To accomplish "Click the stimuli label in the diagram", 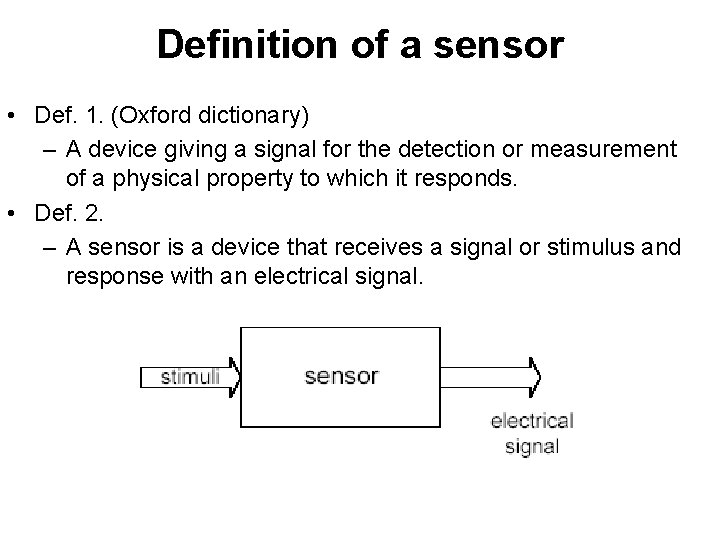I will point(185,377).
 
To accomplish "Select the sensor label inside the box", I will point(341,377).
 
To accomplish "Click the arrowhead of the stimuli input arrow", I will point(234,377).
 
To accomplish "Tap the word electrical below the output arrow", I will point(531,422).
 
